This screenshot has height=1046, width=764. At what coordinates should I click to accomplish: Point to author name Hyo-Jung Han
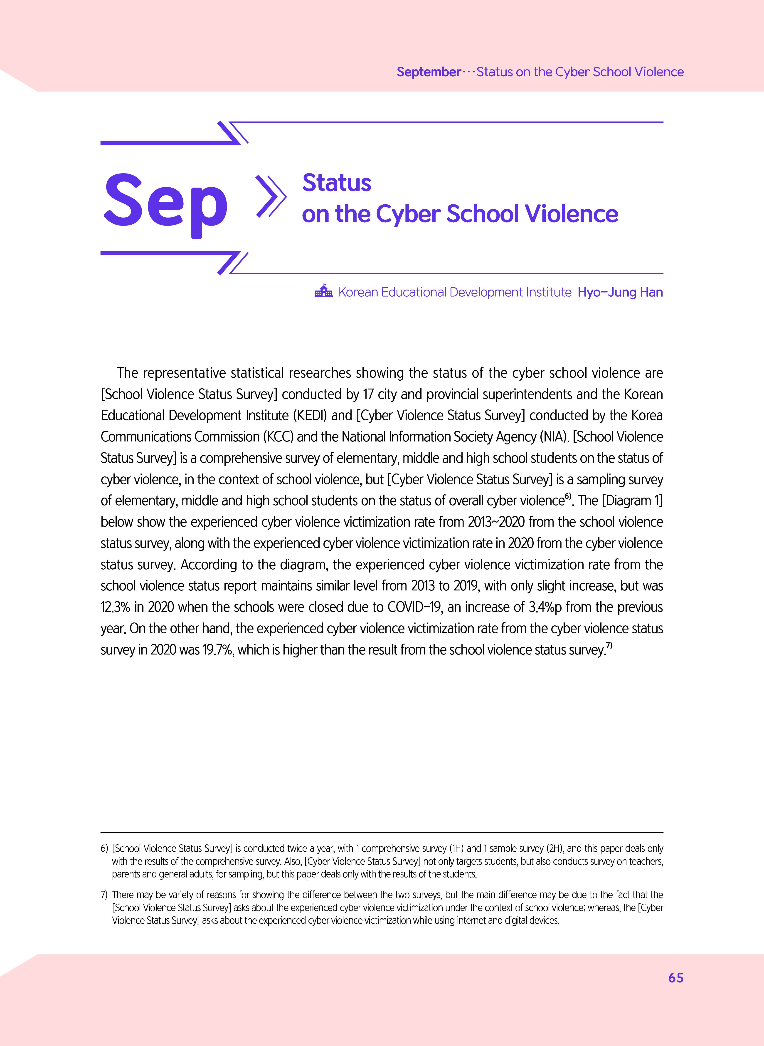[x=620, y=292]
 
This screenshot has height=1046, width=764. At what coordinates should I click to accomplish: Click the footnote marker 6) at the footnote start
[x=104, y=848]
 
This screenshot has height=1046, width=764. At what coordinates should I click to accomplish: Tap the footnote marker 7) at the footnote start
[x=104, y=895]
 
